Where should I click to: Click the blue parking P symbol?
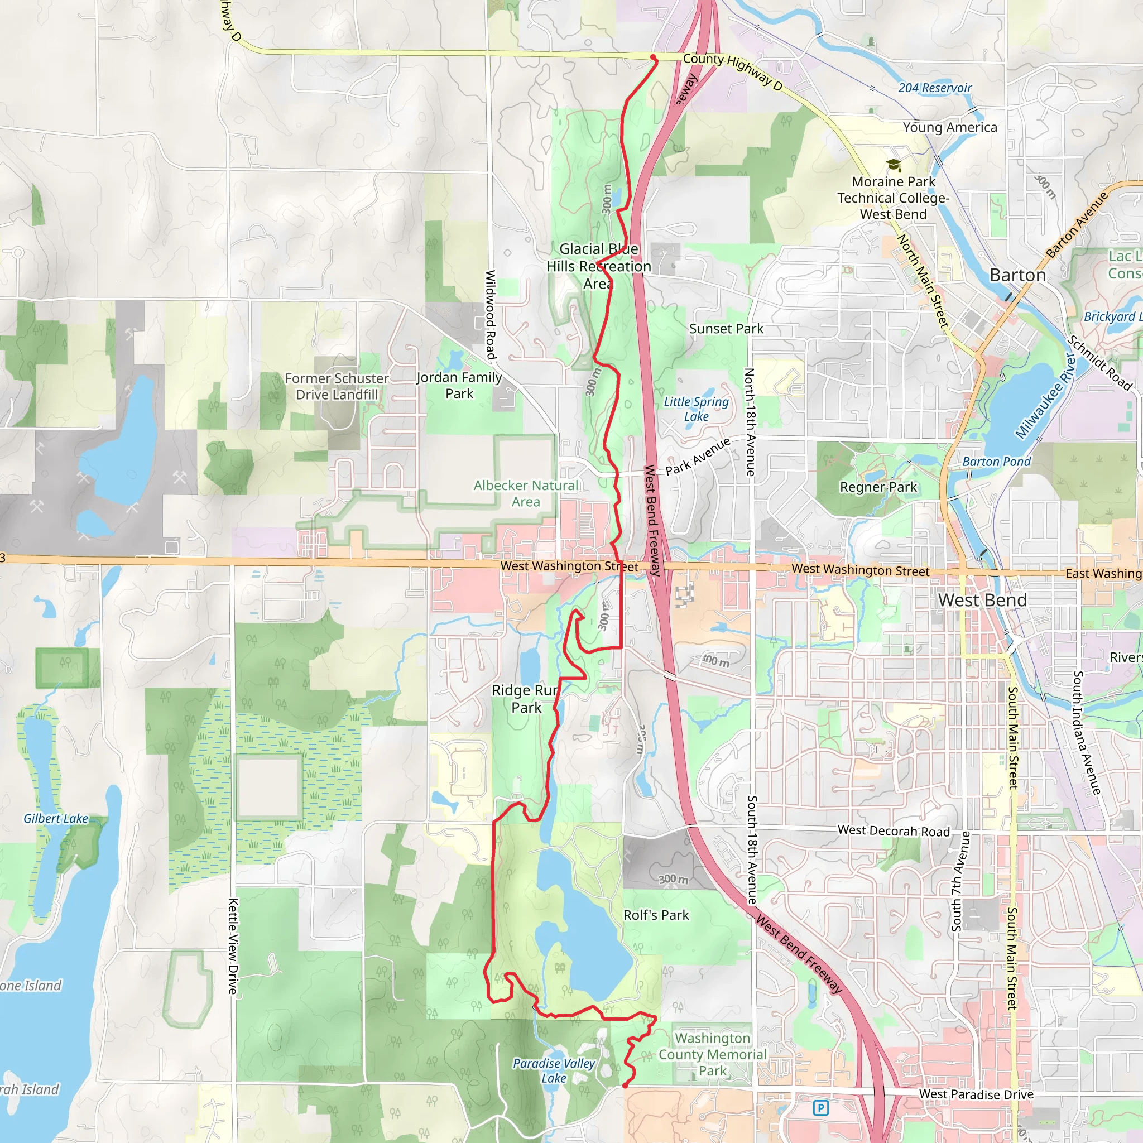pyautogui.click(x=820, y=1107)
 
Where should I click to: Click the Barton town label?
pyautogui.click(x=1017, y=275)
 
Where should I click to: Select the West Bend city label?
pyautogui.click(x=982, y=600)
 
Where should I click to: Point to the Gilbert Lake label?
pyautogui.click(x=56, y=819)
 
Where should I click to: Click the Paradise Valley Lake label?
pyautogui.click(x=554, y=1071)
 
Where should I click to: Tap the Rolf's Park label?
pyautogui.click(x=656, y=915)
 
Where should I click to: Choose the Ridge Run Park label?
pyautogui.click(x=526, y=699)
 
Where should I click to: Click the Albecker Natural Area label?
pyautogui.click(x=526, y=493)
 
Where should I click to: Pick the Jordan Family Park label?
pyautogui.click(x=459, y=385)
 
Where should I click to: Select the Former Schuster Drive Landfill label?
pyautogui.click(x=337, y=386)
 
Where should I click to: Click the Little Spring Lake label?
pyautogui.click(x=697, y=409)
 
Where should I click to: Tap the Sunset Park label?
pyautogui.click(x=726, y=328)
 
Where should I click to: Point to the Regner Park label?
pyautogui.click(x=878, y=487)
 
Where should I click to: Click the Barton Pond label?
pyautogui.click(x=996, y=462)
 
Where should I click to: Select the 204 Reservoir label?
pyautogui.click(x=935, y=88)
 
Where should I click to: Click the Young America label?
pyautogui.click(x=949, y=127)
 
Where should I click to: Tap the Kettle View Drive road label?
pyautogui.click(x=233, y=947)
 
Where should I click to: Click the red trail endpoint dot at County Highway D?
pyautogui.click(x=653, y=57)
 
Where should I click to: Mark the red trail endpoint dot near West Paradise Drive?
pyautogui.click(x=625, y=1086)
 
